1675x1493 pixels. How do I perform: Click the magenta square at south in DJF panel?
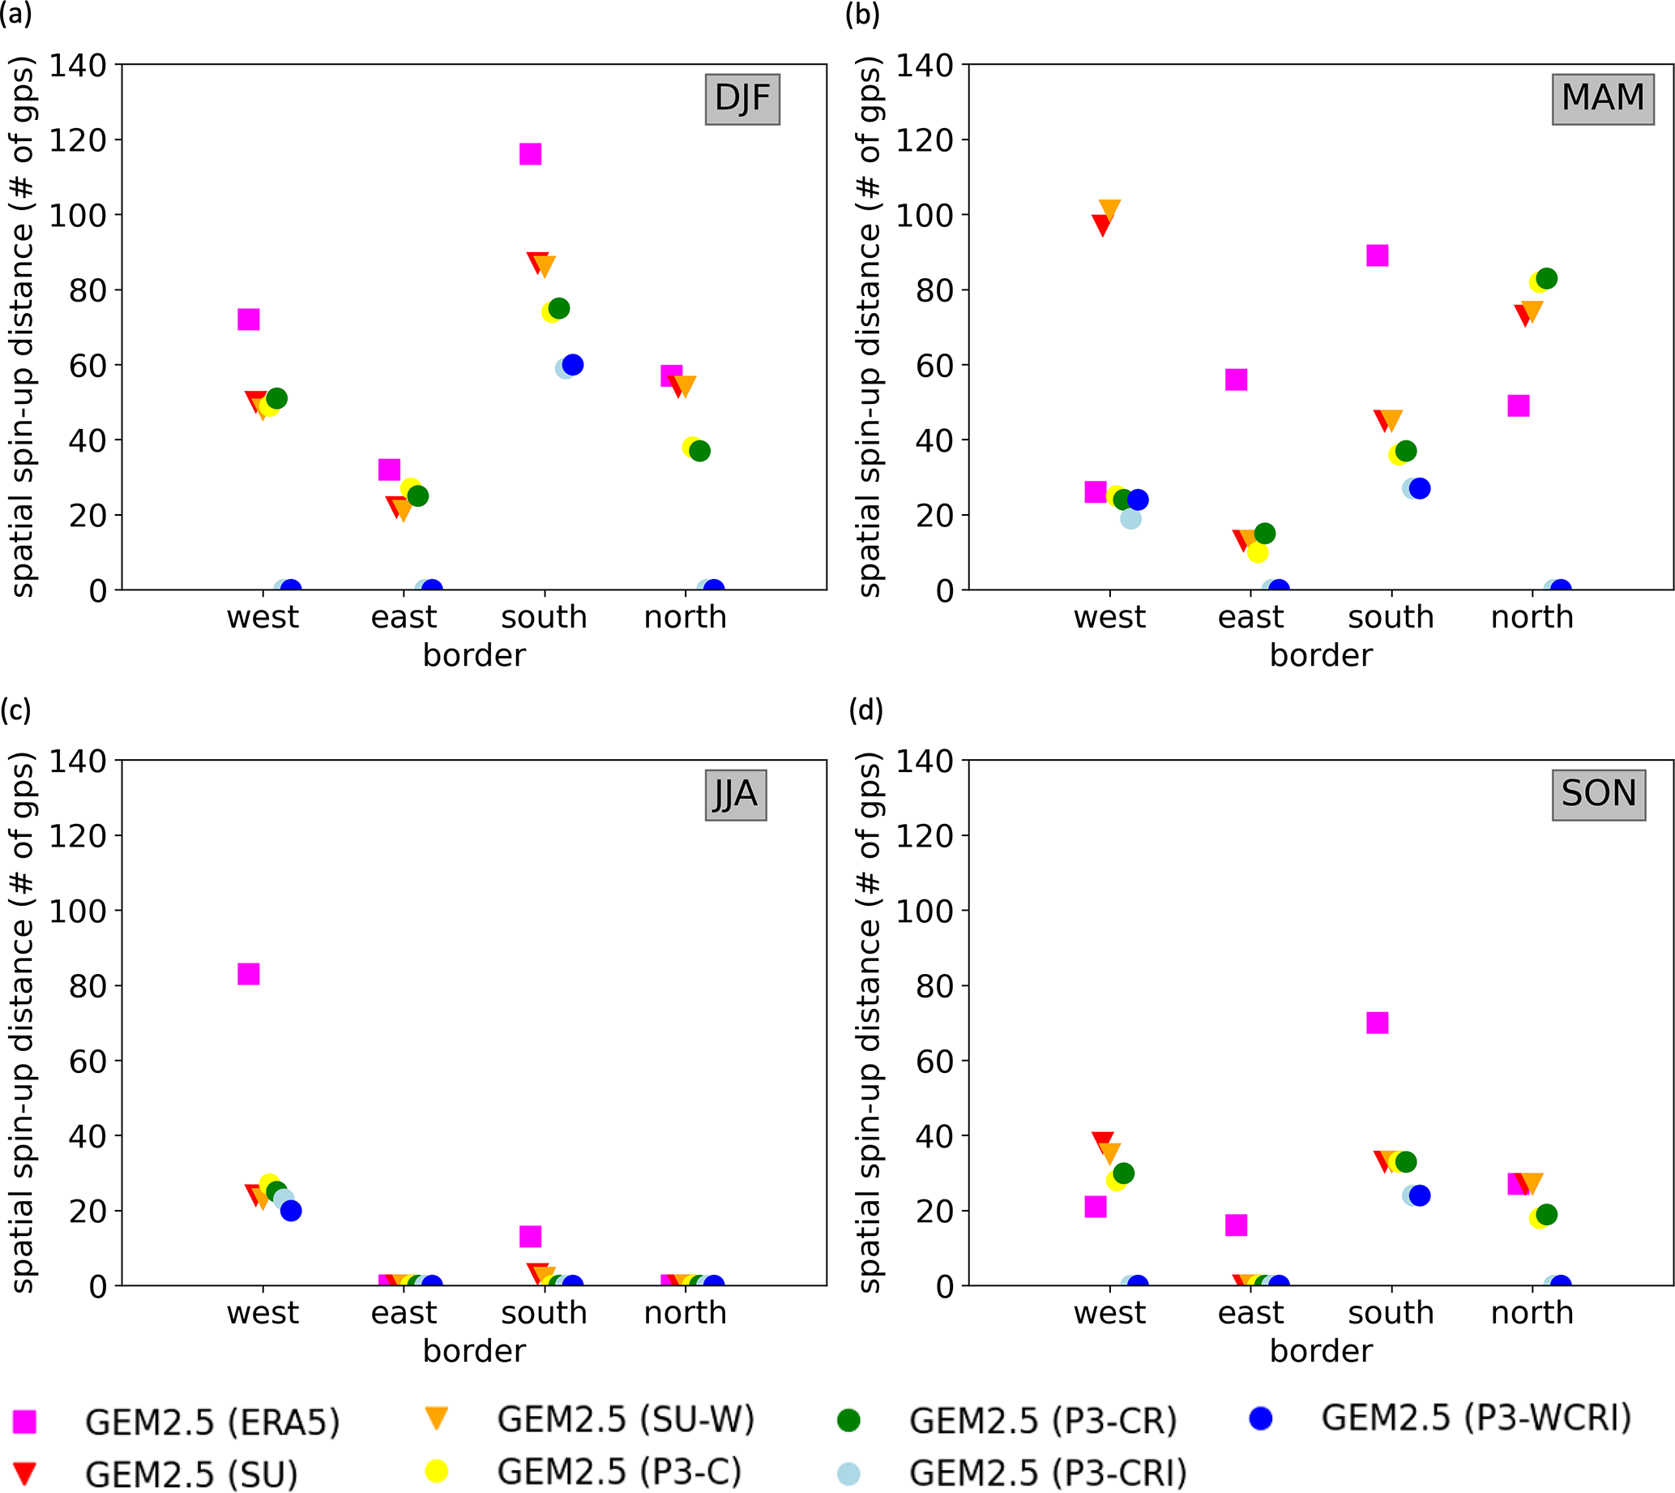(531, 154)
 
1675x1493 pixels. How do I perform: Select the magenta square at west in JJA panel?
(249, 974)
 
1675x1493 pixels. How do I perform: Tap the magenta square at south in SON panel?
(1378, 1023)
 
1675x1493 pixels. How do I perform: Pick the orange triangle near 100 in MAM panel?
(1109, 210)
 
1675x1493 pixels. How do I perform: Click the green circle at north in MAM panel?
(1546, 279)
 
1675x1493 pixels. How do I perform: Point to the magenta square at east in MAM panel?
(1237, 380)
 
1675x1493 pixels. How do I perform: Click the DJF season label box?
(742, 99)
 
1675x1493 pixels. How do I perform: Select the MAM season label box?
(1603, 99)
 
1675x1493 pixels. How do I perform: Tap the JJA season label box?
(736, 795)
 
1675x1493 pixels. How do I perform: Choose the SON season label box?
(1599, 795)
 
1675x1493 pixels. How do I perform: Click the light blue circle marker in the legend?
(848, 1474)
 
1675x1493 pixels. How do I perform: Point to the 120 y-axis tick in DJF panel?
(78, 140)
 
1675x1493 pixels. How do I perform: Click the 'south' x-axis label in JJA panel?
(545, 1312)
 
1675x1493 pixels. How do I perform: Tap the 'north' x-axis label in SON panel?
(1532, 1312)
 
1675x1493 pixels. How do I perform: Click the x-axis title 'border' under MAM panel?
(1321, 655)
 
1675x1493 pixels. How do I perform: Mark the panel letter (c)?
(16, 710)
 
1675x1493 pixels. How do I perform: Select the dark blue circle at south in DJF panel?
(573, 365)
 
